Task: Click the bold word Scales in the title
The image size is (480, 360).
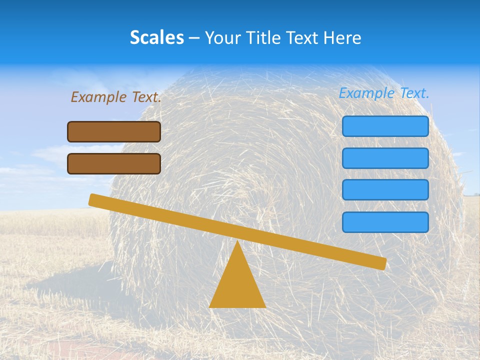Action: tap(156, 37)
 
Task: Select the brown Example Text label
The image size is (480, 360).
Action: tap(116, 97)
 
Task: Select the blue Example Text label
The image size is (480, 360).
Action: tap(384, 93)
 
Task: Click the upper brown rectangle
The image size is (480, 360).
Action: tap(114, 131)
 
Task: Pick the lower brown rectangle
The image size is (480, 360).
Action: tap(114, 163)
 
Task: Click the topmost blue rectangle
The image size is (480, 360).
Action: tap(385, 126)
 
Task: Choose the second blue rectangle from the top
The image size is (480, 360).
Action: tap(385, 158)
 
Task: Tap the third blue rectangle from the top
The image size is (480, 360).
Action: tap(385, 190)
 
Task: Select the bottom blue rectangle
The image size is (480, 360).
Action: tap(385, 222)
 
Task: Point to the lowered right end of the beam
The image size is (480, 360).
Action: tap(382, 263)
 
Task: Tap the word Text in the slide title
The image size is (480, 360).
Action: tap(300, 37)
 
